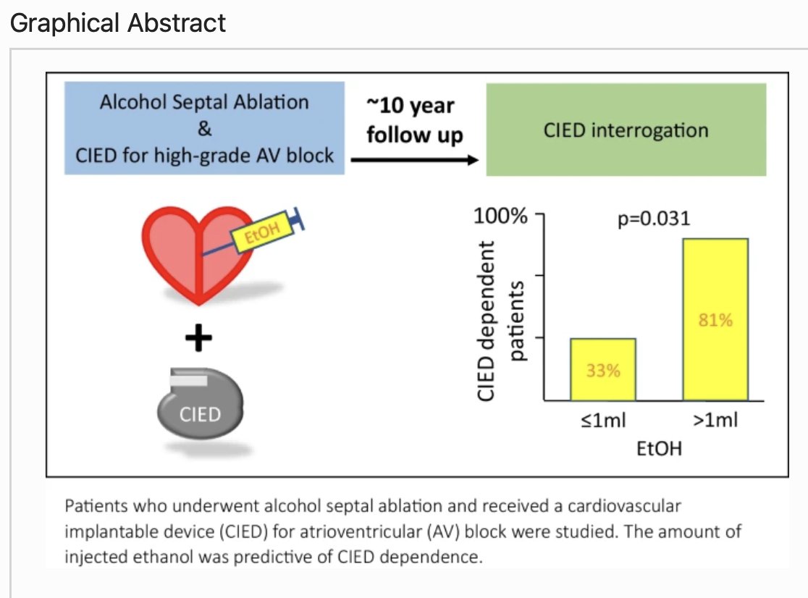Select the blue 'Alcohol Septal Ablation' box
pyautogui.click(x=205, y=129)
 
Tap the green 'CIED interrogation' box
pyautogui.click(x=626, y=130)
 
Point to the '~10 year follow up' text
pyautogui.click(x=414, y=120)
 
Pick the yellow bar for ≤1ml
pyautogui.click(x=602, y=369)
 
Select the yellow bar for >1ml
pyautogui.click(x=715, y=319)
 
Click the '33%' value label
pyautogui.click(x=602, y=371)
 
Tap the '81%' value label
pyautogui.click(x=715, y=321)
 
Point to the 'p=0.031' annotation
pyautogui.click(x=654, y=219)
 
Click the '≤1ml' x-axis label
pyautogui.click(x=603, y=421)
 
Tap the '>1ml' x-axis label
pyautogui.click(x=715, y=421)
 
